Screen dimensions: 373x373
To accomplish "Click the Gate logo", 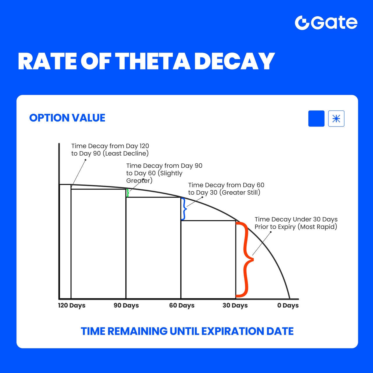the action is (326, 23).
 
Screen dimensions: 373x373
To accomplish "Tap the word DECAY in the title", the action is (234, 61).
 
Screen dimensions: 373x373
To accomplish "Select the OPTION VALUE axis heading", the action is (67, 118).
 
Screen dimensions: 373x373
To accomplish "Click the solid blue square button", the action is (316, 119).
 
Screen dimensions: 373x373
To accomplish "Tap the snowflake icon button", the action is (336, 119).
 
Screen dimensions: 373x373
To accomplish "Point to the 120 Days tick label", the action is (72, 305).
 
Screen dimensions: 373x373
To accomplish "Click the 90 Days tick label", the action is (126, 305).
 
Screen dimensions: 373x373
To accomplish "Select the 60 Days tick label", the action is (182, 305).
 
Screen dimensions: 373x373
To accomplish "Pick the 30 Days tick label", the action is (235, 305).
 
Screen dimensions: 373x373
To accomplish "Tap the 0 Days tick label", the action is (288, 305).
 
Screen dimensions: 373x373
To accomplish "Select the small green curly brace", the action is (128, 193).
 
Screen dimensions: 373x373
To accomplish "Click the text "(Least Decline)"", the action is (126, 154).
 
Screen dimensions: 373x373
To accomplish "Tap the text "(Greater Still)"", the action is (240, 193).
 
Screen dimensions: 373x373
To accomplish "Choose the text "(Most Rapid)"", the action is (317, 227).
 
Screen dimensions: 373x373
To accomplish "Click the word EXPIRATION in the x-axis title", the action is (233, 331).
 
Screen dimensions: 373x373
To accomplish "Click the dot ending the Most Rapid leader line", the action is (271, 232).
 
